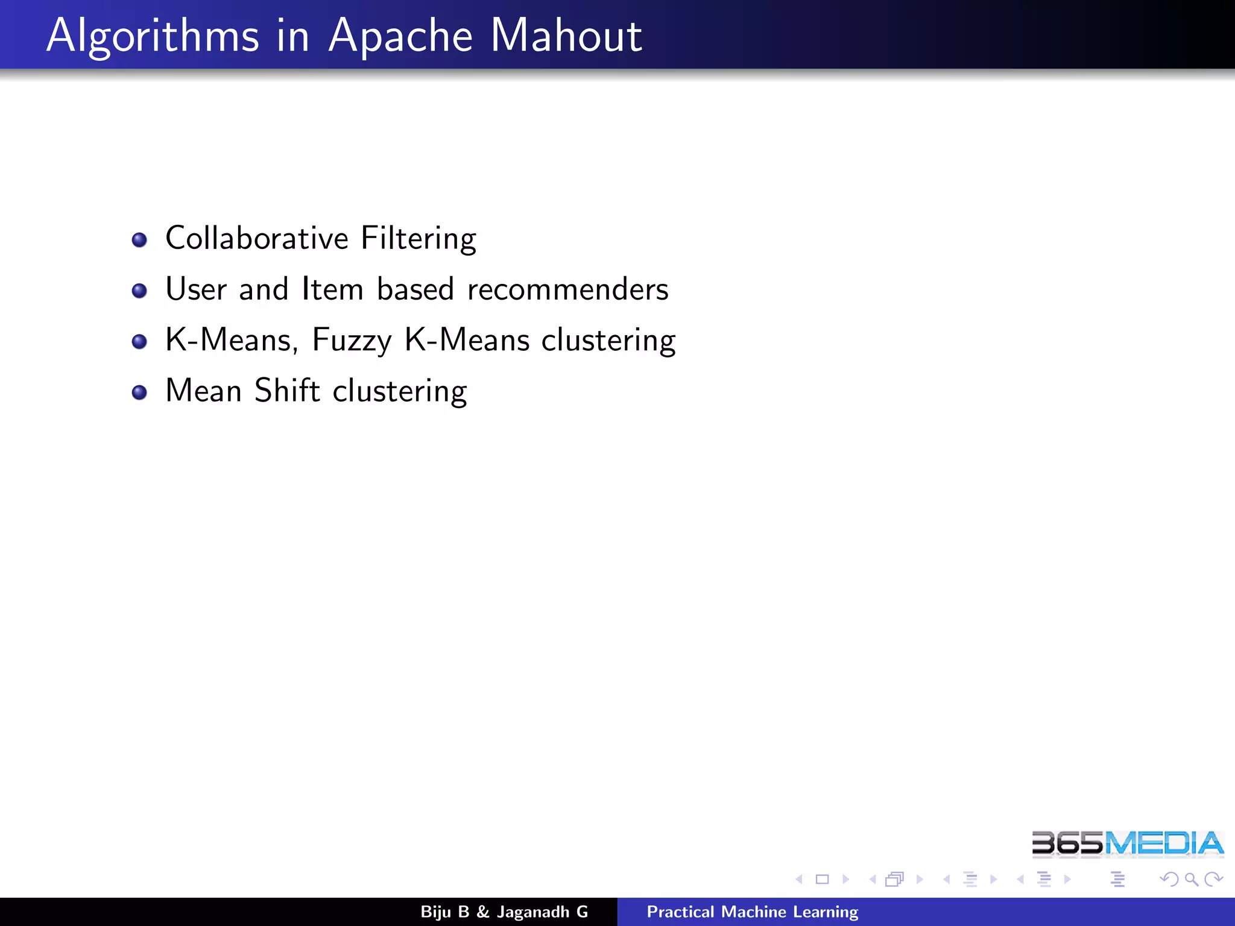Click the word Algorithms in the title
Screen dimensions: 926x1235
pyautogui.click(x=153, y=36)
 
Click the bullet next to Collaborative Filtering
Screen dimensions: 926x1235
pyautogui.click(x=139, y=240)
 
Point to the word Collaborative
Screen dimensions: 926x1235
pyautogui.click(x=257, y=238)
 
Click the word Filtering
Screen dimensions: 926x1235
pyautogui.click(x=419, y=239)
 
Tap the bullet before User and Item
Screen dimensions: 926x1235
pyautogui.click(x=139, y=291)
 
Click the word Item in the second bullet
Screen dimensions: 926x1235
pyautogui.click(x=332, y=289)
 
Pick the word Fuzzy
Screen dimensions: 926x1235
pyautogui.click(x=352, y=341)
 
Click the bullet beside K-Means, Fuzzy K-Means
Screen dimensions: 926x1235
pyautogui.click(x=139, y=342)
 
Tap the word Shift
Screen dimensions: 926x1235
pyautogui.click(x=287, y=391)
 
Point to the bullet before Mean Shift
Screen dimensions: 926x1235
pyautogui.click(x=139, y=393)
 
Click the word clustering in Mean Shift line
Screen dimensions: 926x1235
pyautogui.click(x=400, y=392)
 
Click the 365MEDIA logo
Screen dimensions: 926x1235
pyautogui.click(x=1127, y=843)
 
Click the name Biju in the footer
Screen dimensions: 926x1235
pyautogui.click(x=435, y=912)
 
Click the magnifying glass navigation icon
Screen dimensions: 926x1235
pyautogui.click(x=1191, y=880)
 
